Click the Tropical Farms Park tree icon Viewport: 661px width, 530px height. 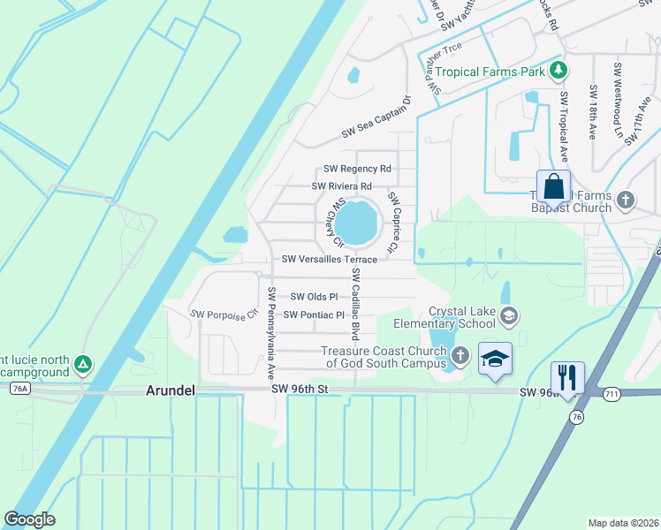[558, 71]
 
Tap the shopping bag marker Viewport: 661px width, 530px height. [553, 187]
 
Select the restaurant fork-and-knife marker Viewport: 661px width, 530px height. [567, 377]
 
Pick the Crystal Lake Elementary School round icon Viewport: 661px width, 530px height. [508, 315]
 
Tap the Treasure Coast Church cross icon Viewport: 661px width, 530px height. [460, 355]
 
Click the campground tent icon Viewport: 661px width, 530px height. [82, 363]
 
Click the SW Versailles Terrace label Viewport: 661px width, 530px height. [330, 260]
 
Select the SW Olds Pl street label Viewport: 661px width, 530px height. [315, 297]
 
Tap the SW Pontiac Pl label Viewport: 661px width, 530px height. [315, 314]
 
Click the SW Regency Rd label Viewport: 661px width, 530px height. [357, 168]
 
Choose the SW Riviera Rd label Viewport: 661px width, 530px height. [341, 186]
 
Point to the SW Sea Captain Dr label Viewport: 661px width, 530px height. [377, 118]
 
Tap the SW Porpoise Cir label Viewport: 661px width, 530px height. [224, 314]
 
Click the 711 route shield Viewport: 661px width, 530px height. [612, 392]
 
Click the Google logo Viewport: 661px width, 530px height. [29, 519]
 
